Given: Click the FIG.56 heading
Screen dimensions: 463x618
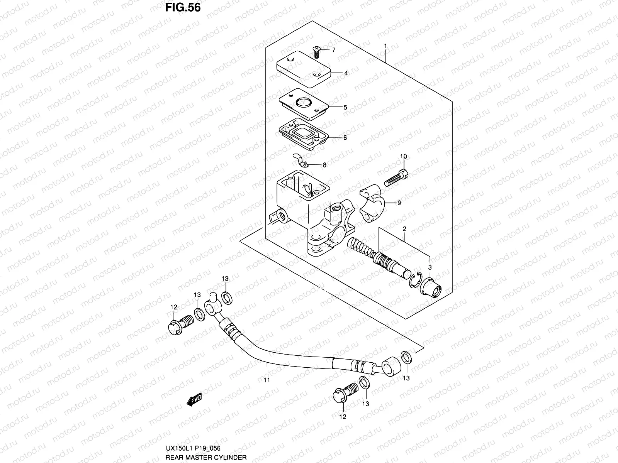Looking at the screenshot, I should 183,7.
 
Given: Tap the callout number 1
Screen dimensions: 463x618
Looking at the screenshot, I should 385,46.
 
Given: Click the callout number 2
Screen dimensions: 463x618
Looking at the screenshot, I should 404,229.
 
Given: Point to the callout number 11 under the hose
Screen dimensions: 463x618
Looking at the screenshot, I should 267,380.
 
